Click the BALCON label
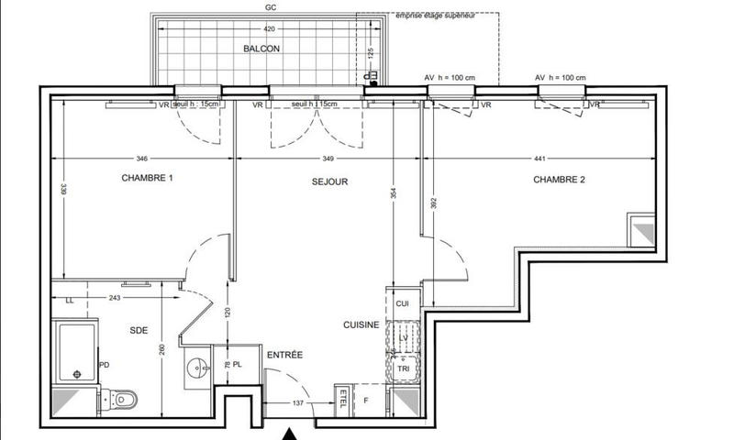point(261,49)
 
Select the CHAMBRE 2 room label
point(559,180)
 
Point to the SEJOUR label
point(328,182)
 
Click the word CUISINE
point(361,324)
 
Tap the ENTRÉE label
point(285,355)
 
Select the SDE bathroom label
point(138,329)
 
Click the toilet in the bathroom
point(126,399)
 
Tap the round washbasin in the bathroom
point(195,368)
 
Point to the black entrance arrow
point(290,433)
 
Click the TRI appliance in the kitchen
point(403,368)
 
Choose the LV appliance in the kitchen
point(402,338)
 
